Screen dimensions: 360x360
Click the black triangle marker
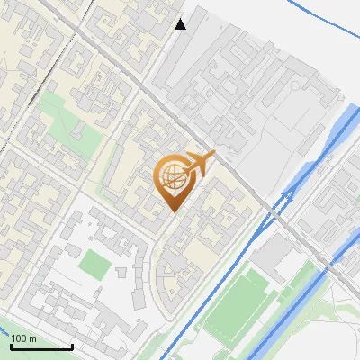pyautogui.click(x=181, y=24)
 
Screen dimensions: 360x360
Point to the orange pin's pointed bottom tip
pyautogui.click(x=173, y=211)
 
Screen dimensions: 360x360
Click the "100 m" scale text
pyautogui.click(x=23, y=338)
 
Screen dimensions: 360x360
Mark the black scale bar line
pyautogui.click(x=40, y=346)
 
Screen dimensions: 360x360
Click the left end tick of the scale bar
pyautogui.click(x=11, y=345)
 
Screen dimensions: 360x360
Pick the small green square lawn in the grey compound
pyautogui.click(x=93, y=264)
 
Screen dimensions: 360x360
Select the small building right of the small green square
pyautogui.click(x=123, y=271)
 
